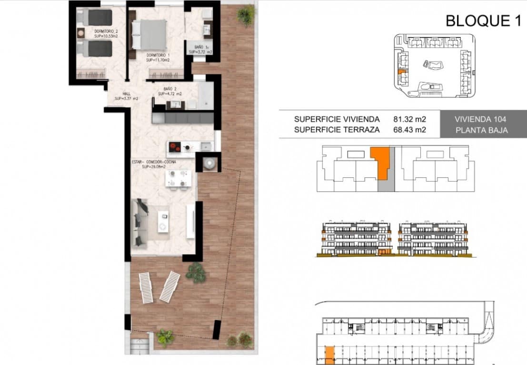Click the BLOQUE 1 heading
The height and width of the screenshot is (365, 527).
[x=483, y=20]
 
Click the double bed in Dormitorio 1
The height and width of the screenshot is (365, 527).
[x=150, y=34]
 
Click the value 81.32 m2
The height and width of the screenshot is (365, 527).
[x=409, y=119]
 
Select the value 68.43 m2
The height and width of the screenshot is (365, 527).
[x=409, y=129]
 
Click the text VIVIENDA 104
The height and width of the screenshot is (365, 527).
[x=480, y=119]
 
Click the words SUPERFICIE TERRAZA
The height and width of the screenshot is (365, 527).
[x=337, y=129]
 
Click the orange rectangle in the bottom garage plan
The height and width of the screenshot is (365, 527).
[x=329, y=354]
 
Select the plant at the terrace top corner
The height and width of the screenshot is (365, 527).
[x=246, y=15]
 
